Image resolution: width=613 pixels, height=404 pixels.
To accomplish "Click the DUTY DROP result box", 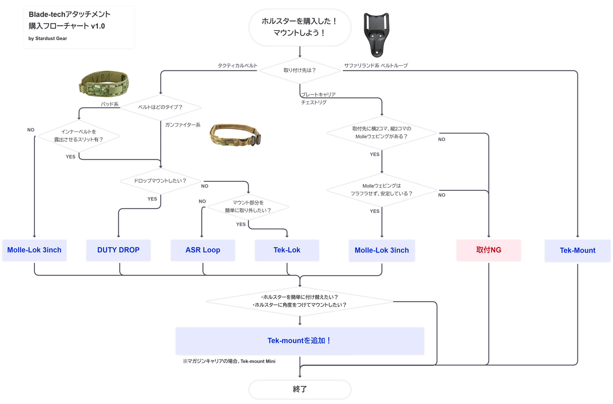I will coord(118,250).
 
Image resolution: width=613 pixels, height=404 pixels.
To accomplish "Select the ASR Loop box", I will coord(203,250).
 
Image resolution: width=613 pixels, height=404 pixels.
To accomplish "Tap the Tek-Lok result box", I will coord(287,250).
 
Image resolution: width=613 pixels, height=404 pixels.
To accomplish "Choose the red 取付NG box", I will coord(489,250).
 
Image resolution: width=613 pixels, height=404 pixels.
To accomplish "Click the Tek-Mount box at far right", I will coord(577,251).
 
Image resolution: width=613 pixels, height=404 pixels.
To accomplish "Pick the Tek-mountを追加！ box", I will coord(300,341).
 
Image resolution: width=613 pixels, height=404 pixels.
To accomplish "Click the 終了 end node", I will coord(300,389).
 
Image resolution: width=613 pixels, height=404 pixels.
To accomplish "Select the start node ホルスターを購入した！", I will coord(300,27).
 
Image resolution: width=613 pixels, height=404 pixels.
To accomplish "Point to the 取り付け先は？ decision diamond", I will coord(300,70).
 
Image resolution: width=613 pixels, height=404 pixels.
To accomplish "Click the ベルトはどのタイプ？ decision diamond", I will coord(160,107).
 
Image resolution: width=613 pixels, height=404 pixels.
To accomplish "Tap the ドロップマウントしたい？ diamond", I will coord(160,181).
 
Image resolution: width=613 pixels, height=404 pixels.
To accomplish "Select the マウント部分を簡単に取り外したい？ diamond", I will coord(248,207).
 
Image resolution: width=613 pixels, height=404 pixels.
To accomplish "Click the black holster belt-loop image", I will coord(376,35).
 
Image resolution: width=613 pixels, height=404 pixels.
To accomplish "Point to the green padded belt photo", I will coord(104,84).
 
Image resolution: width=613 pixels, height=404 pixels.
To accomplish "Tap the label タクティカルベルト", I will coord(238,66).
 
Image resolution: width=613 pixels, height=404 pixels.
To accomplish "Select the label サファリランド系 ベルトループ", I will coord(376,66).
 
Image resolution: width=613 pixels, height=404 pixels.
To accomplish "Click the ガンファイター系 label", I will coord(183,125).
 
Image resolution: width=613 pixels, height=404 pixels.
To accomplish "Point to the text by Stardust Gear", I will coord(48,39).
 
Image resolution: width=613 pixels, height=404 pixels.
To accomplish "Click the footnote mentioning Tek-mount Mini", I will coord(229,362).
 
